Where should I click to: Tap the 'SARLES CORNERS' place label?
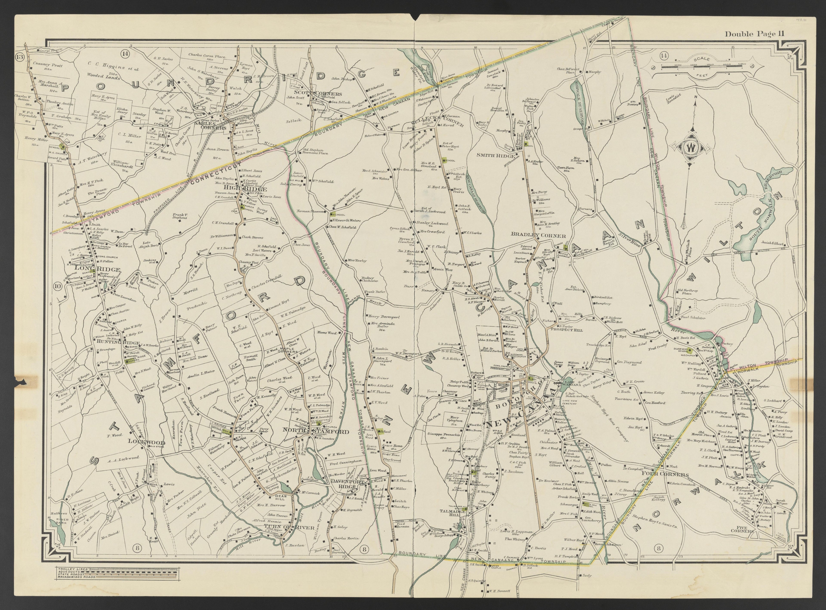210,126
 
